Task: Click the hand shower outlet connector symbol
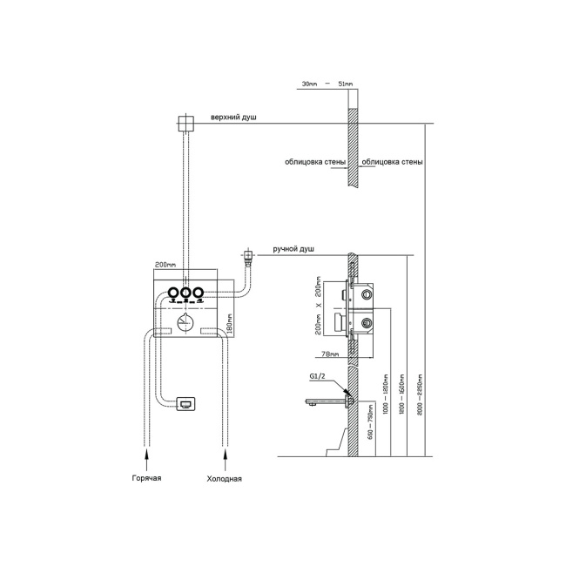coord(250,257)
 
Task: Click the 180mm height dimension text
coord(228,325)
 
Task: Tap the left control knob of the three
coord(174,293)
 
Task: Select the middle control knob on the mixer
coord(186,293)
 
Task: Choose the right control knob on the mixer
coord(199,293)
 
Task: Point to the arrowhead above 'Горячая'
coord(147,453)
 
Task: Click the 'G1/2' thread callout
coord(317,376)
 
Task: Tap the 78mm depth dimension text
coord(329,354)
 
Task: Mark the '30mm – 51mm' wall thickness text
coord(327,84)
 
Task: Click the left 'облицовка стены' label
coord(314,162)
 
